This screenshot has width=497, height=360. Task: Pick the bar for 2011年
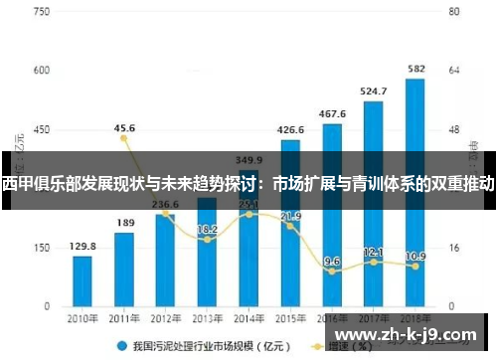pyautogui.click(x=124, y=268)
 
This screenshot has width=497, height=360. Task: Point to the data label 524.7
pyautogui.click(x=373, y=90)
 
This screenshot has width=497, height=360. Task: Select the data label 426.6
pyautogui.click(x=290, y=130)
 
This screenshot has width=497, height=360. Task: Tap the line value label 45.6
pyautogui.click(x=124, y=128)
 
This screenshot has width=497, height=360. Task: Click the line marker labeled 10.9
pyautogui.click(x=415, y=266)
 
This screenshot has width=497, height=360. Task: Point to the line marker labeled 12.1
pyautogui.click(x=374, y=262)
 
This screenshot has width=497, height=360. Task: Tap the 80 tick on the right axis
pyautogui.click(x=454, y=14)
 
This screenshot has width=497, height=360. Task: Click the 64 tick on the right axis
pyautogui.click(x=454, y=72)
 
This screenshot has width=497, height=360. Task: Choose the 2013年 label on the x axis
pyautogui.click(x=207, y=318)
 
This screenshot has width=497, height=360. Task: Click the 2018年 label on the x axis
pyautogui.click(x=414, y=318)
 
